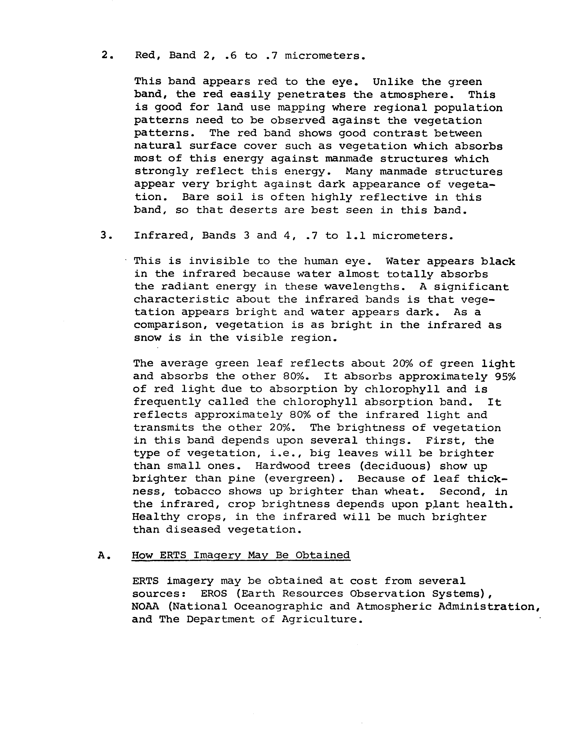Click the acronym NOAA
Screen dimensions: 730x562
(145, 606)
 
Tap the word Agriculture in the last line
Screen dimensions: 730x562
(322, 619)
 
